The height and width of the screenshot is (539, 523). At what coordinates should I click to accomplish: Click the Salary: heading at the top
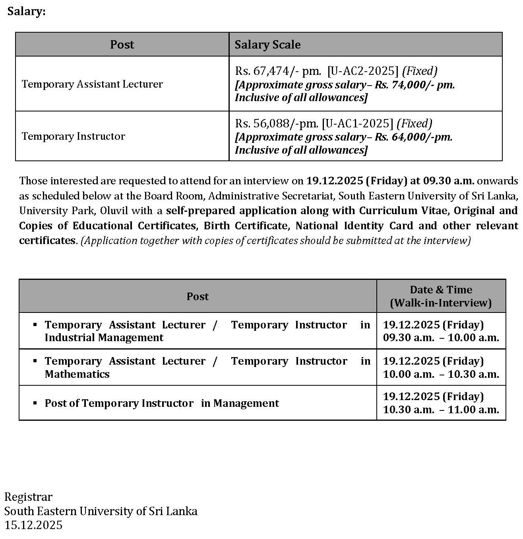tap(26, 12)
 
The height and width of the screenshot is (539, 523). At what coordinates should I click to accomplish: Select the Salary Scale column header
tap(267, 45)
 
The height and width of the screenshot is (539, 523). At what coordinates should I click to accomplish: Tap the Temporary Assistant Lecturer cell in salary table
tap(92, 84)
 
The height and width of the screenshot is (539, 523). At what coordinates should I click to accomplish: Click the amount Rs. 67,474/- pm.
tap(278, 71)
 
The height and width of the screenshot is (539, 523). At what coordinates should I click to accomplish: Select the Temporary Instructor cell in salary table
tap(74, 136)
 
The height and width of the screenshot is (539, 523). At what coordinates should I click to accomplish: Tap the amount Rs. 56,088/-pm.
tap(277, 123)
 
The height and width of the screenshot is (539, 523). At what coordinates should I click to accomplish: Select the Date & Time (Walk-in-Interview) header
tap(441, 296)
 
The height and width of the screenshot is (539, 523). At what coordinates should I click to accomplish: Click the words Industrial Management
tap(104, 338)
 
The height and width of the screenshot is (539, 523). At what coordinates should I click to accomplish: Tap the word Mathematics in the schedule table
tap(77, 374)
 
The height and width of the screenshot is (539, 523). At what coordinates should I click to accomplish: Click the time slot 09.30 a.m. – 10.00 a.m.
tap(441, 338)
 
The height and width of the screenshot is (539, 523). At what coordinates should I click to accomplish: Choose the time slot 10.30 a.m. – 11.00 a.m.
tap(441, 410)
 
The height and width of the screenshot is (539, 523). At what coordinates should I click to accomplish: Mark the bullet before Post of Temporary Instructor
tap(35, 403)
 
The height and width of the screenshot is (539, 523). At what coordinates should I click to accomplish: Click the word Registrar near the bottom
tap(28, 497)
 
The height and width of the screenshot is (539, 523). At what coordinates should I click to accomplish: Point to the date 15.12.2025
tap(33, 525)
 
